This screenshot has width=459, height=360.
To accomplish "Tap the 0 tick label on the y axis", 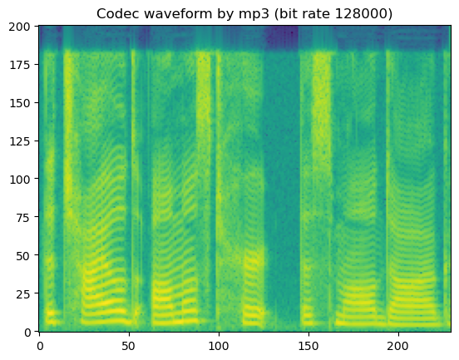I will coord(26,332).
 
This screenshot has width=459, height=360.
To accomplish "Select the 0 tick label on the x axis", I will coord(39,344).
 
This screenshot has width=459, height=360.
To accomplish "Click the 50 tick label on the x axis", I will coord(129,344).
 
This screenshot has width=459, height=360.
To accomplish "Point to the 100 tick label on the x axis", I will coord(219,344).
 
